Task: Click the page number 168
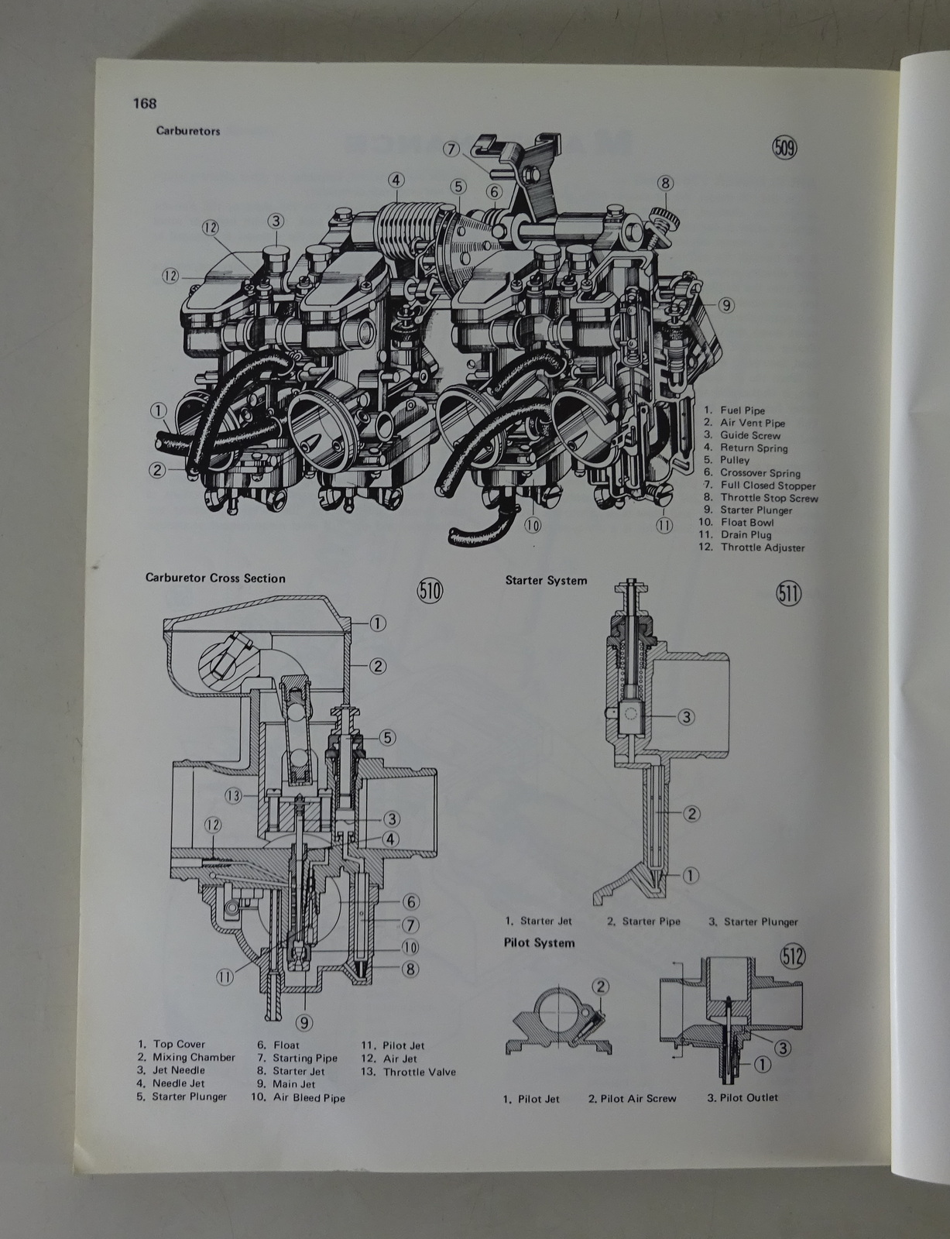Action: pyautogui.click(x=145, y=103)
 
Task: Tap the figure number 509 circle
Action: pyautogui.click(x=784, y=147)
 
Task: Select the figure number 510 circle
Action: pyautogui.click(x=429, y=592)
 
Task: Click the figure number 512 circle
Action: pyautogui.click(x=793, y=957)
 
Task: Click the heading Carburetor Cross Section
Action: pyautogui.click(x=215, y=578)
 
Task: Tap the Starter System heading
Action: pyautogui.click(x=546, y=580)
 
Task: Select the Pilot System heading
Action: pyautogui.click(x=539, y=942)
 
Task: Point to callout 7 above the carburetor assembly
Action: pyautogui.click(x=452, y=148)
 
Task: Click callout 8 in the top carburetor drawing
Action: pyautogui.click(x=665, y=184)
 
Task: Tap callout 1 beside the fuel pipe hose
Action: pyautogui.click(x=158, y=410)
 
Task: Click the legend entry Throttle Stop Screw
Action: pyautogui.click(x=768, y=498)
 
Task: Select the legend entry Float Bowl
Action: pyautogui.click(x=746, y=523)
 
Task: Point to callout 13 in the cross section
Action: pyautogui.click(x=234, y=795)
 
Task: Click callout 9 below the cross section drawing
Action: pyautogui.click(x=305, y=1022)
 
